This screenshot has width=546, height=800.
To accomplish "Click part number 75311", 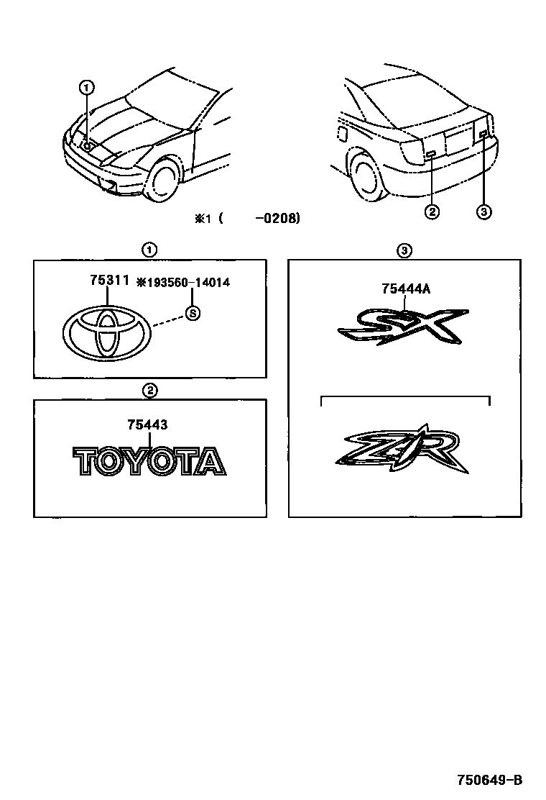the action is tap(109, 283).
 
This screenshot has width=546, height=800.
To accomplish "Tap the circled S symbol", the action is tap(192, 313).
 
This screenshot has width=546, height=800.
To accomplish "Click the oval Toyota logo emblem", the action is tap(108, 334).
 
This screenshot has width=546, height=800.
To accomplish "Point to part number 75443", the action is tap(147, 425).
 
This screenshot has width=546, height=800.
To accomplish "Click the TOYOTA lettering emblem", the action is tap(149, 461).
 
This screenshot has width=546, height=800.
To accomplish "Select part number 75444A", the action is tap(407, 289).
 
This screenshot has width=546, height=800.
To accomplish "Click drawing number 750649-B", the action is tap(489, 779).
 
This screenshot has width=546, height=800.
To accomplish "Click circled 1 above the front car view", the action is tap(86, 88).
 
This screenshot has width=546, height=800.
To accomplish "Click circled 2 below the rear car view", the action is tap(432, 212).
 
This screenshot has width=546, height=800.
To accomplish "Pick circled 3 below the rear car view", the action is tap(483, 212).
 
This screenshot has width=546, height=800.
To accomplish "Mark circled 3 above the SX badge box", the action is tap(404, 250).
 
